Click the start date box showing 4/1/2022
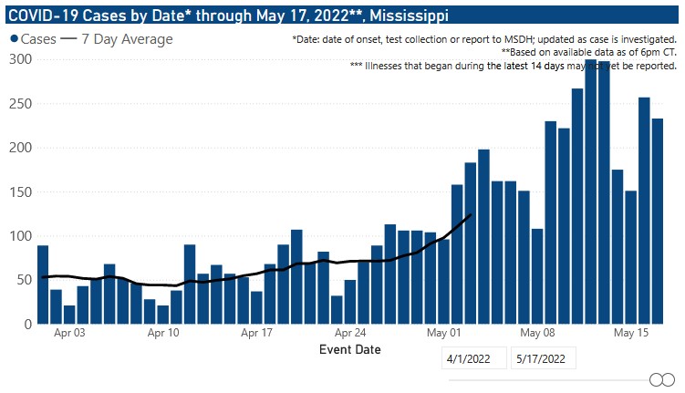click(473, 358)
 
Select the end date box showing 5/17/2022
click(545, 358)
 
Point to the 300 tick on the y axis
click(20, 59)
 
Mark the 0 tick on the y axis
click(27, 324)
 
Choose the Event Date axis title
click(350, 349)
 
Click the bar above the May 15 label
click(629, 257)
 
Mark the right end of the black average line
click(471, 214)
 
